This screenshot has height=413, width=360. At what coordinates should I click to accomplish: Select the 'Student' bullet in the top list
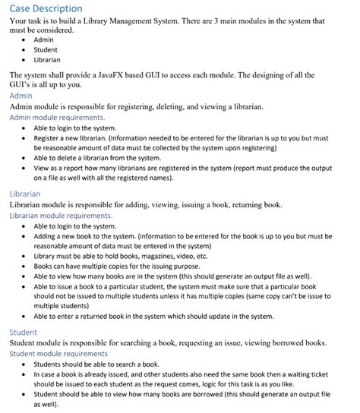46,49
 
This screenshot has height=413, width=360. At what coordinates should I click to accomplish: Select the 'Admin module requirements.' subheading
58,118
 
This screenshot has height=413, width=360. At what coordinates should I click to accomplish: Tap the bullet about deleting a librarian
106,158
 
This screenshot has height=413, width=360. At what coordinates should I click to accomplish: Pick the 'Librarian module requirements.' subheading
64,216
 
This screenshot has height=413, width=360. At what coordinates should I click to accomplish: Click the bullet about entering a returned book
152,316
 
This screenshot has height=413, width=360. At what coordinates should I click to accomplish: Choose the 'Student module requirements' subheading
59,354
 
